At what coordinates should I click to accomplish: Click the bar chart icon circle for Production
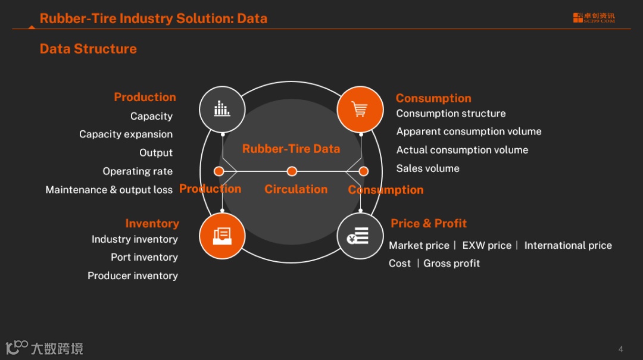pos(222,109)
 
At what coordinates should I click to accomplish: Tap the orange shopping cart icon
pos(360,109)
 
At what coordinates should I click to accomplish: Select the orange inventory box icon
pos(222,236)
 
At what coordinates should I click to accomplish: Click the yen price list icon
pos(360,236)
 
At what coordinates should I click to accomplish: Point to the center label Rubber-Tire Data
pos(291,149)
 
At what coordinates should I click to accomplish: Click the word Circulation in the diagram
pos(296,189)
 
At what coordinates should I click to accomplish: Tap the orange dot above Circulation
pos(292,171)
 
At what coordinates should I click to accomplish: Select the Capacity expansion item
pos(126,134)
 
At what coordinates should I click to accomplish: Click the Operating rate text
pos(138,171)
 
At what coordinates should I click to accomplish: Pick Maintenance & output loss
pos(109,190)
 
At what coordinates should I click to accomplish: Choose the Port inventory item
pos(144,257)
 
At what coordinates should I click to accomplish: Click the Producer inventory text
pos(133,276)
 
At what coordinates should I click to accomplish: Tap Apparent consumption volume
pos(469,132)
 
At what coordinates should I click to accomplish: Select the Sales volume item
pos(428,168)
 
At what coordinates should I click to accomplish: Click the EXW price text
pos(487,245)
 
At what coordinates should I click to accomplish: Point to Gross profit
pos(452,263)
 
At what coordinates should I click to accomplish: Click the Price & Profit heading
pos(429,223)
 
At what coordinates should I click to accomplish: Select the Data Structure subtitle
pos(88,49)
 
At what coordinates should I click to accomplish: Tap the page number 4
pos(621,349)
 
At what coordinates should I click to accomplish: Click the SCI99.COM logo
pos(594,18)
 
